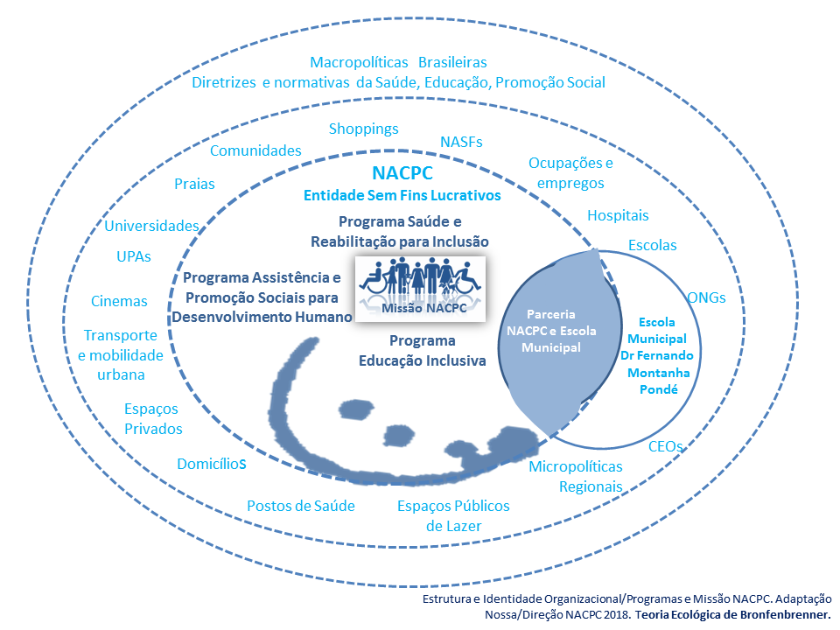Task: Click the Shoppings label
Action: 363,129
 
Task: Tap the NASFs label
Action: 460,142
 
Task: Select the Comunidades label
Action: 255,150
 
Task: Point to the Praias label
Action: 194,184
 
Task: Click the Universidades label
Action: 152,226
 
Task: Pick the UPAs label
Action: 134,257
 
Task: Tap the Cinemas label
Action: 119,301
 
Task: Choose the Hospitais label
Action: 618,215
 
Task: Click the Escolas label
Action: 653,246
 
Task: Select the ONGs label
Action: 706,297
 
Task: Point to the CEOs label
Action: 665,446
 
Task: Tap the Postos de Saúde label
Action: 300,506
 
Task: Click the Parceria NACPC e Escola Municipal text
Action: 543,330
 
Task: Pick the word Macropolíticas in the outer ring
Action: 360,63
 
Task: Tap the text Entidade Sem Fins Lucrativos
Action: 402,196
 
